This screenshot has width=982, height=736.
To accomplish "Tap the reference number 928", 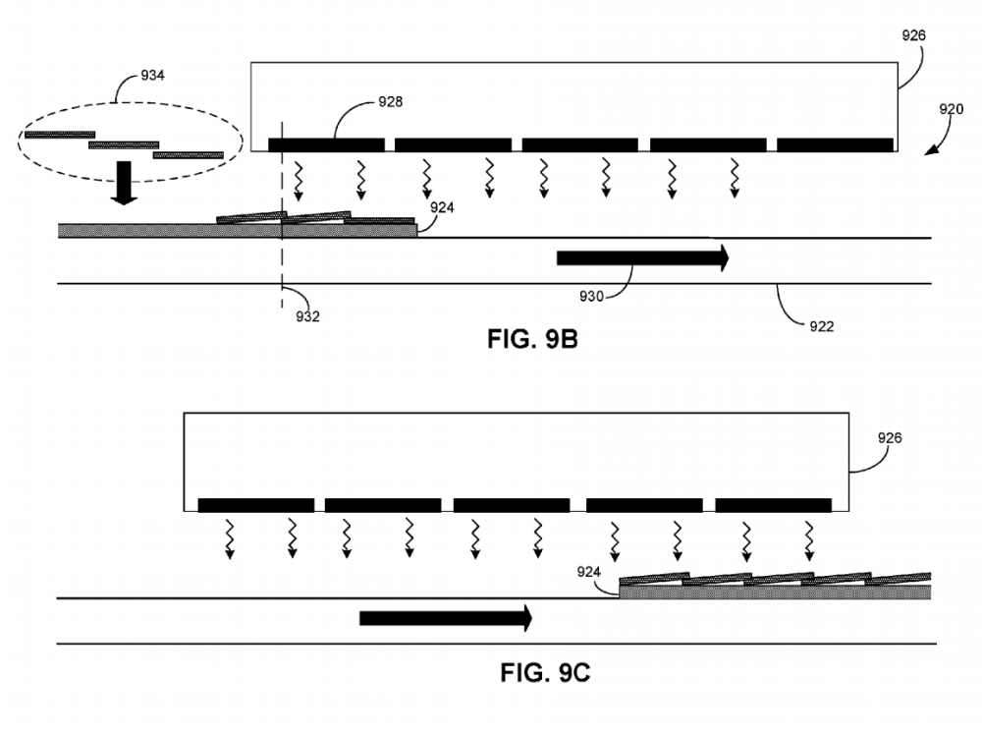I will pos(391,101).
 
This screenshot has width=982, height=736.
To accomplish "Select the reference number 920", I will pos(951,110).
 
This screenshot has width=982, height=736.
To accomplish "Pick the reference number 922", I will pos(821,326).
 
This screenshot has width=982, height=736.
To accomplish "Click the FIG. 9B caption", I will pos(532,340).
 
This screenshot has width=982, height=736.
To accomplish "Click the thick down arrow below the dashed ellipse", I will pos(123,185).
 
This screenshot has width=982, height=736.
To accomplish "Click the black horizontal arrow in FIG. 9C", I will pos(445,618).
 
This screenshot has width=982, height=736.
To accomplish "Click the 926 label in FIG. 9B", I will pos(913,35).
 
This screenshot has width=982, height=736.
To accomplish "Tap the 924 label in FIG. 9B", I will pos(442,207).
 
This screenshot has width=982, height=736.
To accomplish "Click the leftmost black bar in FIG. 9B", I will pos(326,144).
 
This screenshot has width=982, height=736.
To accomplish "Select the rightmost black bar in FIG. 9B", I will pos(835,144).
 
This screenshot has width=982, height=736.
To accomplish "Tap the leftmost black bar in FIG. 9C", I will pos(255,505).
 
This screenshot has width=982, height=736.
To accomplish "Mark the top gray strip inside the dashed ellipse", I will pos(60,134).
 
